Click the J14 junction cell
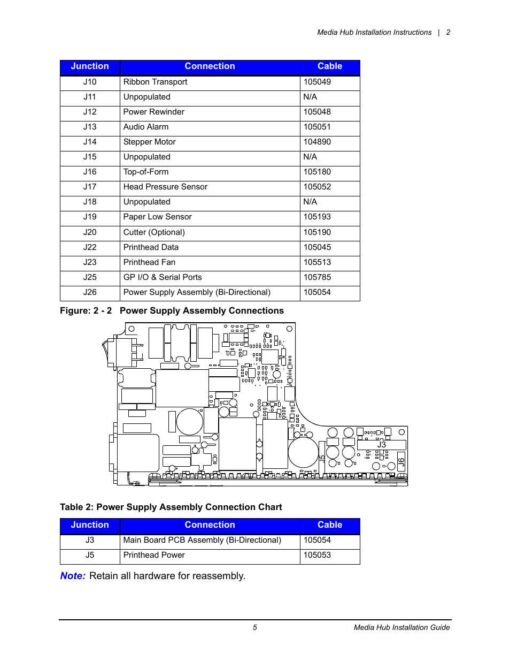(90, 142)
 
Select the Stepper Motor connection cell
(149, 142)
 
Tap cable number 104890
(317, 142)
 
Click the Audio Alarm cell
(145, 127)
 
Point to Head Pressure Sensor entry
(165, 187)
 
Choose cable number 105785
(317, 277)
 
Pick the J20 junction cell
(90, 232)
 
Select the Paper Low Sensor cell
(157, 217)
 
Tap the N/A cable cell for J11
(310, 97)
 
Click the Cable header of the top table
(329, 66)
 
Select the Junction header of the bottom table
(90, 525)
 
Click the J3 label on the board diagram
(381, 445)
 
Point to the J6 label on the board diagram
(401, 462)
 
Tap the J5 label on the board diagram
(322, 459)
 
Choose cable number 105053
(317, 555)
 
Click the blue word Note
(72, 576)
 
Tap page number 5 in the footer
(255, 627)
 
